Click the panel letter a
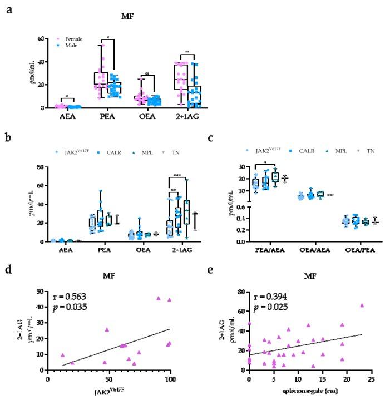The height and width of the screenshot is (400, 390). [x=9, y=10]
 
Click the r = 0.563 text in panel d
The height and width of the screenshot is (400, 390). [x=68, y=297]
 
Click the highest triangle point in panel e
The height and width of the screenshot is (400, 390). [x=362, y=305]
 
